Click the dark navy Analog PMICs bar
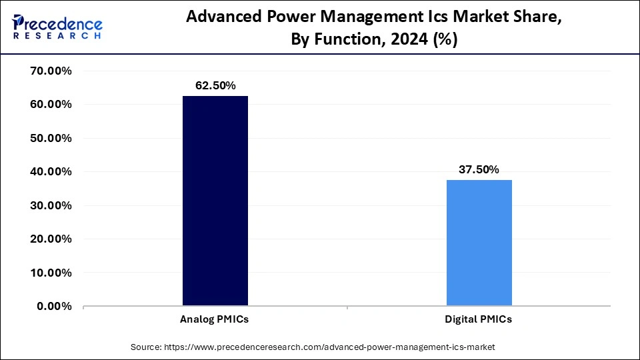pyautogui.click(x=215, y=201)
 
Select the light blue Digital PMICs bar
pyautogui.click(x=479, y=243)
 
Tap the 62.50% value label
pyautogui.click(x=215, y=85)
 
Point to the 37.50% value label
pyautogui.click(x=479, y=169)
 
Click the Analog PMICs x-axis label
pyautogui.click(x=215, y=319)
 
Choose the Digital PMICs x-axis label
pyautogui.click(x=479, y=319)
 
